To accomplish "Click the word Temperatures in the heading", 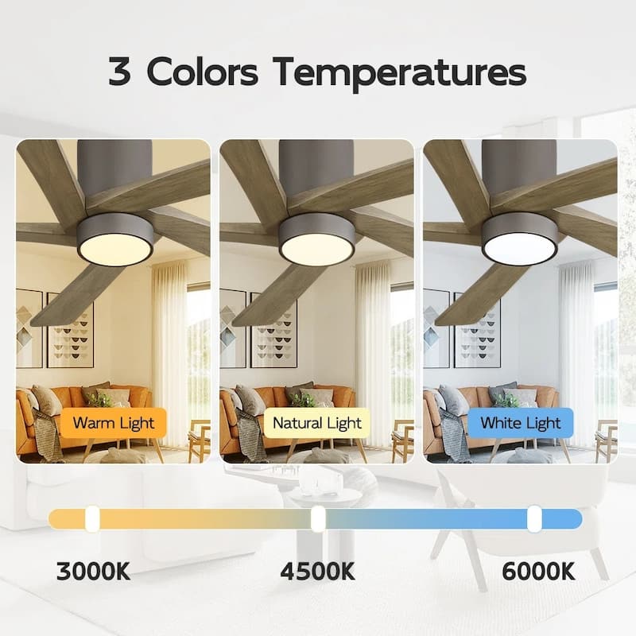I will click(400, 72).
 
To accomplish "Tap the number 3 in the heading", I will click(121, 72).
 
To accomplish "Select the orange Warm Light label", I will click(114, 423).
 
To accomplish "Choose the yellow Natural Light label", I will click(317, 423).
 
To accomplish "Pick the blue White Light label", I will click(521, 423).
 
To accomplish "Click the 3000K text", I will click(93, 571).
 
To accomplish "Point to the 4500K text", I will click(317, 571).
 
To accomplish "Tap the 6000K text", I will click(538, 571).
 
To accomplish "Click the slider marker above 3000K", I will click(92, 519).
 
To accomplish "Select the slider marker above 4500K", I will click(318, 519).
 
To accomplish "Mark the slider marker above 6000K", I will click(534, 519).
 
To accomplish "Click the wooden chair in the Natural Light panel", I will click(402, 441).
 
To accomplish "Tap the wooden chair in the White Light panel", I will click(606, 441).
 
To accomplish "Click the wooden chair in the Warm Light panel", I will click(199, 441).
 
